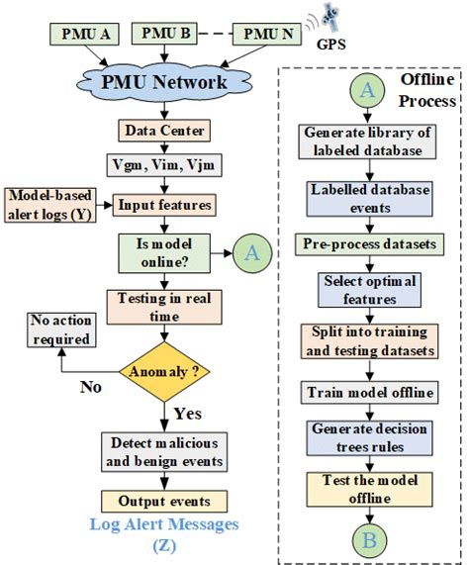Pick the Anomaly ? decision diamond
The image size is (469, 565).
coord(160,372)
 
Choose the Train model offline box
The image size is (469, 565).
coord(368,392)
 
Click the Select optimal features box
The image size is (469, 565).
coord(368,290)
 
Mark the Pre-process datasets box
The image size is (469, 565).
coord(368,241)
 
